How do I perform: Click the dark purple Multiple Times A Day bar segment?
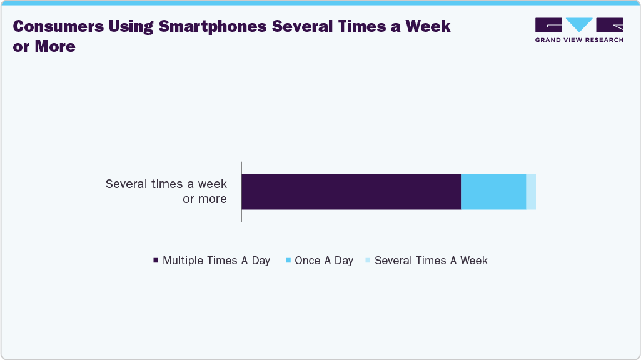click(351, 192)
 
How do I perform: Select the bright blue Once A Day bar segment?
click(493, 192)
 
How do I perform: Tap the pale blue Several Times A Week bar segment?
click(531, 192)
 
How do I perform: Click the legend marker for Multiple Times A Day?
click(156, 261)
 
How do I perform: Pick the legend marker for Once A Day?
click(288, 261)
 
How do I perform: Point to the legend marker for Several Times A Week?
click(368, 261)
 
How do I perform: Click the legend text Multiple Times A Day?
click(216, 261)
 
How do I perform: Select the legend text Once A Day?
click(324, 261)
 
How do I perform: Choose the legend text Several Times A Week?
click(431, 261)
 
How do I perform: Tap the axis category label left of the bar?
click(166, 192)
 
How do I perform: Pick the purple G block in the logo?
click(548, 25)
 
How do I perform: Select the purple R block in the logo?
click(610, 25)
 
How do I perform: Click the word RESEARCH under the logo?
click(602, 40)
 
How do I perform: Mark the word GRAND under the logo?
click(548, 40)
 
